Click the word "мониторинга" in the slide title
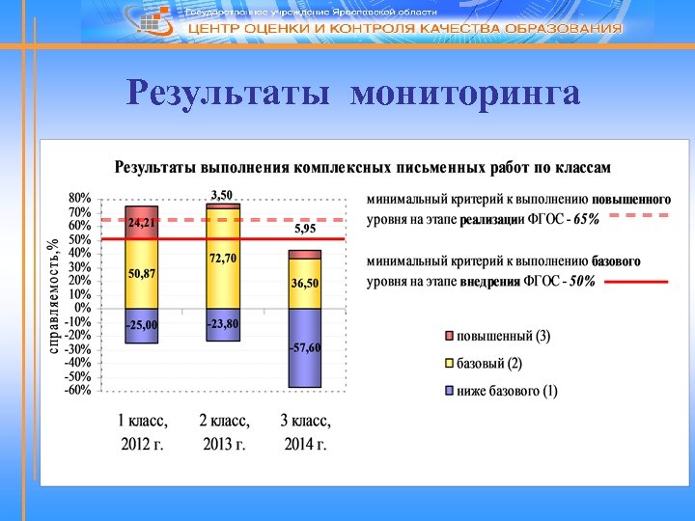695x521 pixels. pyautogui.click(x=465, y=95)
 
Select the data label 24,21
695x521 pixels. pyautogui.click(x=142, y=222)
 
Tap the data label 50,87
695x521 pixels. pyautogui.click(x=142, y=274)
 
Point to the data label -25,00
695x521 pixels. pyautogui.click(x=142, y=325)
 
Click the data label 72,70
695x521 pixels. pyautogui.click(x=223, y=259)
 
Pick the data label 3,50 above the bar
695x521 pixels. pyautogui.click(x=222, y=196)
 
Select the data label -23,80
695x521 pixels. pyautogui.click(x=223, y=325)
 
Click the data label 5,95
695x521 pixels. pyautogui.click(x=305, y=230)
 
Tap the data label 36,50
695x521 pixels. pyautogui.click(x=305, y=284)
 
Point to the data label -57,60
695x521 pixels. pyautogui.click(x=305, y=347)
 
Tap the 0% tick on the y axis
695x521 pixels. pyautogui.click(x=83, y=308)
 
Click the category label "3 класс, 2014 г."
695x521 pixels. pyautogui.click(x=305, y=433)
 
